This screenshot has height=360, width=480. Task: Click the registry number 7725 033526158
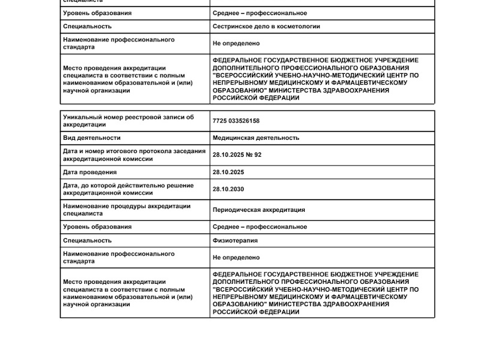pos(236,121)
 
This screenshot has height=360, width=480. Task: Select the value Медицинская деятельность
pos(256,138)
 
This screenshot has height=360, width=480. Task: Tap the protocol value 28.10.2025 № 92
pos(237,155)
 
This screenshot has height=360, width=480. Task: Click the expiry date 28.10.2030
pos(228,190)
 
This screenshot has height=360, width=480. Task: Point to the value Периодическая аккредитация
pos(259,210)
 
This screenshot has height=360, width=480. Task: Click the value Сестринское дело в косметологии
pos(266,26)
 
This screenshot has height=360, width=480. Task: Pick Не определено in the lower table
pos(236,257)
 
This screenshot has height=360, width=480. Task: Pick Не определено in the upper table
pos(236,43)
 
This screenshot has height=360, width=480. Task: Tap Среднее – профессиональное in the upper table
pos(260,13)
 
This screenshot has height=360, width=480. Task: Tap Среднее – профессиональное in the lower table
pos(260,227)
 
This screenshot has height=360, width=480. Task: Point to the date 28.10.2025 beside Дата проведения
pos(228,172)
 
